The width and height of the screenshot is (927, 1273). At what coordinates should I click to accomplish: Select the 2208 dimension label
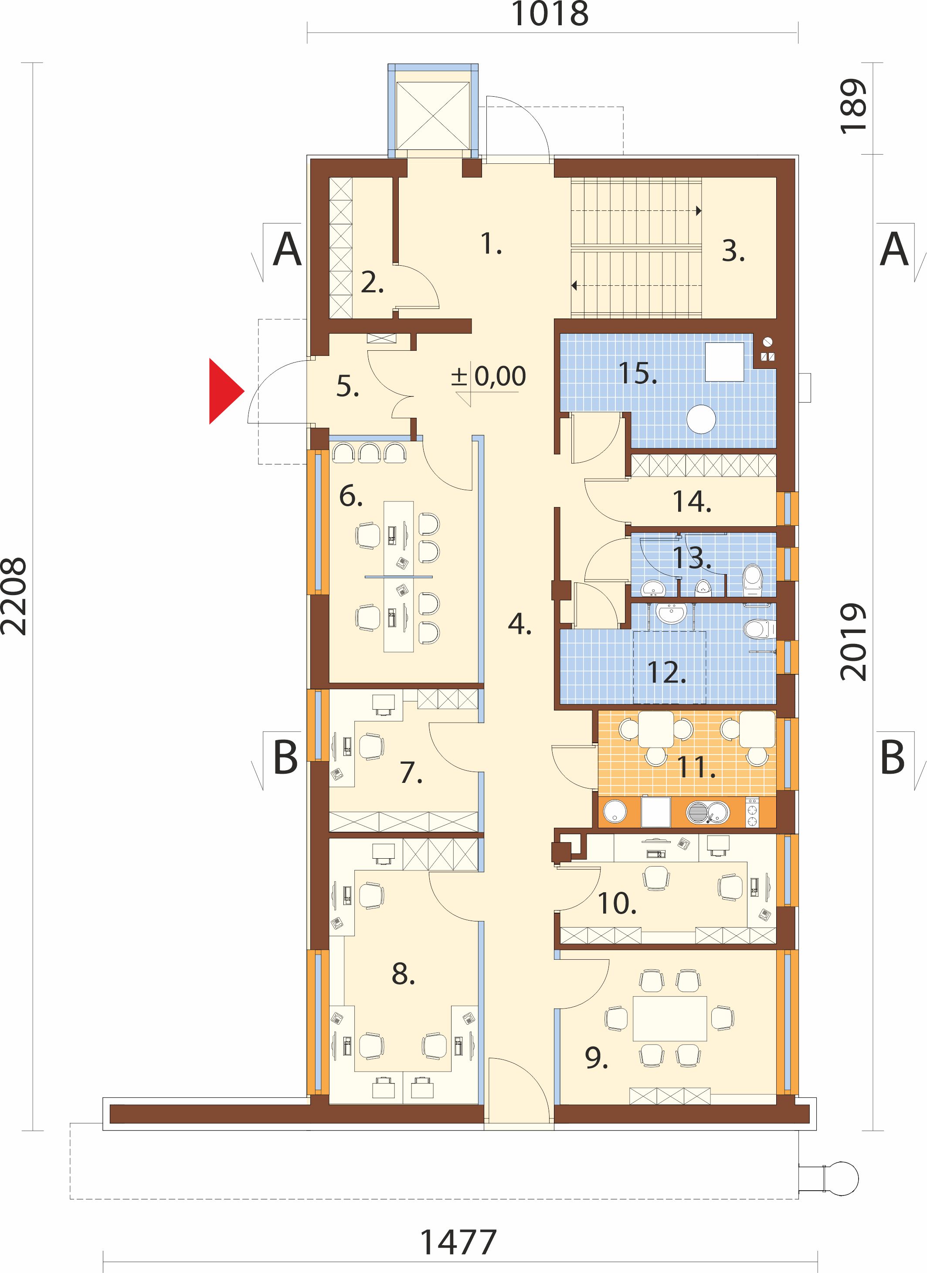point(14,596)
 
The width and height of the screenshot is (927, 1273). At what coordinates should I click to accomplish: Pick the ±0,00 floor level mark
point(489,376)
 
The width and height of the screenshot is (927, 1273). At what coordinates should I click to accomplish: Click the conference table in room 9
point(670,1018)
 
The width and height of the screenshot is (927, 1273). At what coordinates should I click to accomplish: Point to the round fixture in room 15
point(701,419)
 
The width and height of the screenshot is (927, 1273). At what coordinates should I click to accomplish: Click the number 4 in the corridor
point(520,624)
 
